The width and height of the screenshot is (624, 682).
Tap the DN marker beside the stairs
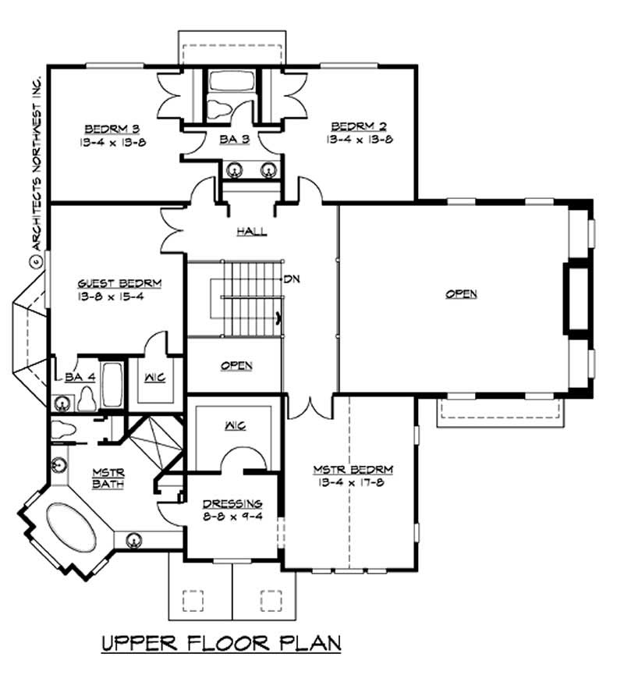point(292,279)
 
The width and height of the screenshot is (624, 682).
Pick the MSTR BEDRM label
point(353,470)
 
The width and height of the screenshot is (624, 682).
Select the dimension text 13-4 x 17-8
point(353,483)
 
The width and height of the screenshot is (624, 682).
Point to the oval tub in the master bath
point(73,531)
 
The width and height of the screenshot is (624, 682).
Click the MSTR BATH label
point(105,478)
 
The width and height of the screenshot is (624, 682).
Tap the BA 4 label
point(80,377)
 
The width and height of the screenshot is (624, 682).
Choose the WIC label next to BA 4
point(154,377)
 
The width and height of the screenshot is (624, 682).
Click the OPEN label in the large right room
point(461,294)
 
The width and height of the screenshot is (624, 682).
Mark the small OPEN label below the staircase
point(236,366)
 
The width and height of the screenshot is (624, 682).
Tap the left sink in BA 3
point(232,169)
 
